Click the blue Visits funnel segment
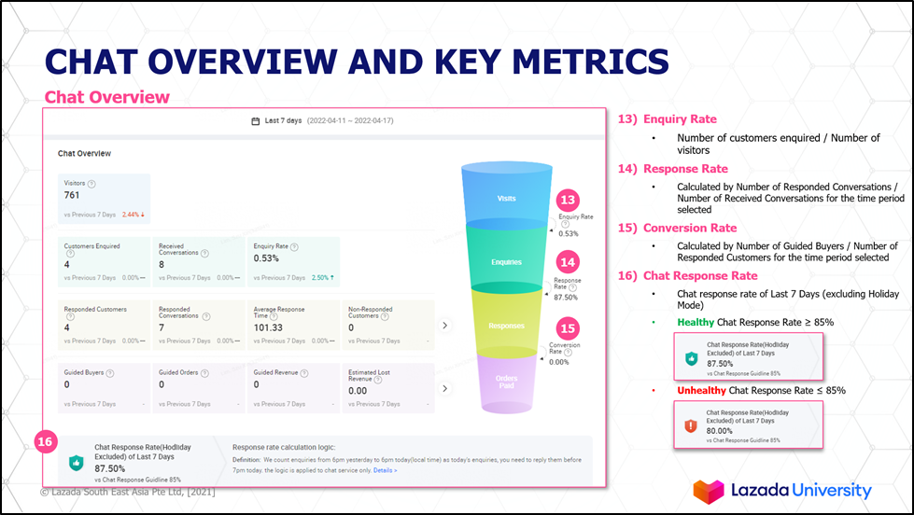504,198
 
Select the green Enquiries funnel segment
506,261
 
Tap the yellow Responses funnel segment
506,326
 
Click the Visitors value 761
72,196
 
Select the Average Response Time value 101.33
268,328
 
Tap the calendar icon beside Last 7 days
256,121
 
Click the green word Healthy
696,322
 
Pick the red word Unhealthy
701,390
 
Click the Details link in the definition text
385,470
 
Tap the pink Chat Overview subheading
107,97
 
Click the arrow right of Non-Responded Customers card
445,325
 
